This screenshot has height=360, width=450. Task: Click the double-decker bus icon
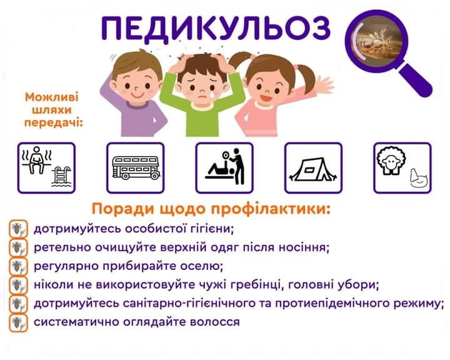click(136, 168)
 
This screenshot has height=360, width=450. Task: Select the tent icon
click(313, 170)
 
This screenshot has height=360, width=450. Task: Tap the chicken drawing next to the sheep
click(419, 178)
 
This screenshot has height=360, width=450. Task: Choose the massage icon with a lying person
click(225, 166)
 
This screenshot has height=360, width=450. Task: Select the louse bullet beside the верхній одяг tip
click(18, 247)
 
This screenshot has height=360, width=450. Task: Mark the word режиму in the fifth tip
click(418, 304)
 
